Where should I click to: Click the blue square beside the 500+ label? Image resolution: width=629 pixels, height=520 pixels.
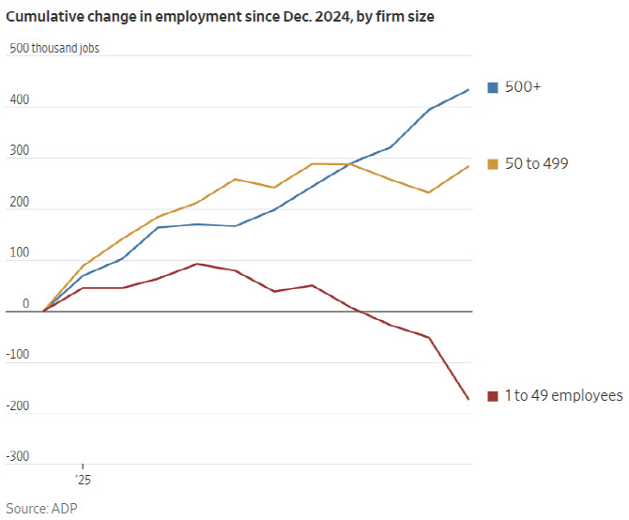pyautogui.click(x=492, y=87)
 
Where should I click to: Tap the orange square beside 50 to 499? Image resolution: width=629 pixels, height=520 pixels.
pyautogui.click(x=492, y=164)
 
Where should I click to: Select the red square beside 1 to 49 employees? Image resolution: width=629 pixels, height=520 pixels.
pyautogui.click(x=492, y=396)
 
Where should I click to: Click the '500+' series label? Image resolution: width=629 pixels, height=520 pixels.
pyautogui.click(x=523, y=87)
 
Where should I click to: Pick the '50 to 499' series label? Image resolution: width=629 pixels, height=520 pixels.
pyautogui.click(x=536, y=164)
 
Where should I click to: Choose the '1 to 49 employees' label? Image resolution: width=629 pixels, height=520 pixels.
pyautogui.click(x=563, y=396)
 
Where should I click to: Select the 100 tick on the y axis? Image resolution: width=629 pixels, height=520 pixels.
pyautogui.click(x=18, y=252)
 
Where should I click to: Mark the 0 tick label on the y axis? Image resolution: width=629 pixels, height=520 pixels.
pyautogui.click(x=12, y=304)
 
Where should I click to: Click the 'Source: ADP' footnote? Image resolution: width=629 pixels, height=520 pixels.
pyautogui.click(x=42, y=509)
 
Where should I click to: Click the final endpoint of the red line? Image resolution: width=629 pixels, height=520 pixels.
pyautogui.click(x=469, y=400)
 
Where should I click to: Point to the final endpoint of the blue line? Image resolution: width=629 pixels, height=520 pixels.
pyautogui.click(x=469, y=90)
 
